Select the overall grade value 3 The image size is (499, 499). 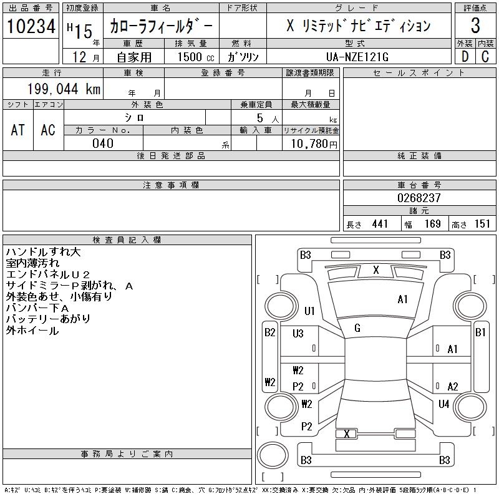point(475,26)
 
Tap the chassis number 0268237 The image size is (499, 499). point(419,197)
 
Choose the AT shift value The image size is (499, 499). point(18,130)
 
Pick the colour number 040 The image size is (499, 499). point(103,143)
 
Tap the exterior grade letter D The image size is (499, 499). point(464,56)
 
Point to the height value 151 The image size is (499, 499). point(482,224)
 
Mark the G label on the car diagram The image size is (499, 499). point(357,327)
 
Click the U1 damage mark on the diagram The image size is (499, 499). point(310,311)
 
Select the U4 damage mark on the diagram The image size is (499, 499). point(443,404)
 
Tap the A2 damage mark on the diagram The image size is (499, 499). point(453,387)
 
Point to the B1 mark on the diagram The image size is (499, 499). point(480,332)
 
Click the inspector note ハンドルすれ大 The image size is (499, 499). point(43,252)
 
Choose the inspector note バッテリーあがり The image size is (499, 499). point(48,319)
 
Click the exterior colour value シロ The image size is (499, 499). point(135,117)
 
